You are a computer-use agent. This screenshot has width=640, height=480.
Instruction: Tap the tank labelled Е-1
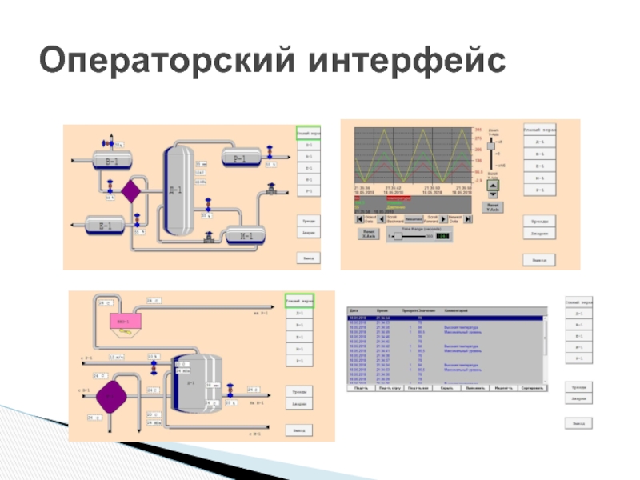(105, 226)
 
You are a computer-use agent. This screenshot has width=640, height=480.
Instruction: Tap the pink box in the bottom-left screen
(123, 320)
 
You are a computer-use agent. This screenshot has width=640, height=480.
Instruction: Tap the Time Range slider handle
(391, 236)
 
